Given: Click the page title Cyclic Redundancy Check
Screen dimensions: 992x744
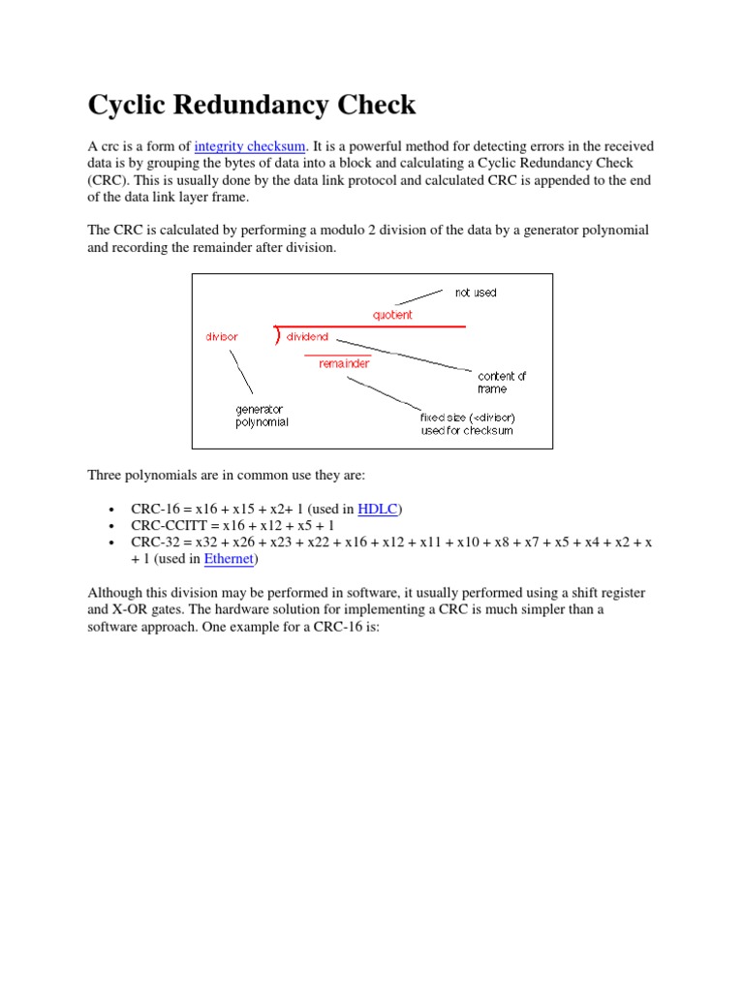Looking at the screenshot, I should (x=252, y=105).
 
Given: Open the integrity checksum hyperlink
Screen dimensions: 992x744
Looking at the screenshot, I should (x=249, y=146).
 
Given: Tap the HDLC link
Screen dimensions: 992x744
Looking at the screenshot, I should (x=378, y=509).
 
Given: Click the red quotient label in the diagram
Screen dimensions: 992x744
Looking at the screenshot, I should (x=392, y=315).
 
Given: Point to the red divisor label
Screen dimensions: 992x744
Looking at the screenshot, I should (x=221, y=337).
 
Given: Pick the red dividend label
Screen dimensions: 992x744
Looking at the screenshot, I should (x=307, y=337).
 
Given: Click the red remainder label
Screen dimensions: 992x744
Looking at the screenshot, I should (x=344, y=364).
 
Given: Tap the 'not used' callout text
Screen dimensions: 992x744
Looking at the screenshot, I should (x=475, y=293).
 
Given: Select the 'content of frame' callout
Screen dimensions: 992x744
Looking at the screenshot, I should (x=501, y=382).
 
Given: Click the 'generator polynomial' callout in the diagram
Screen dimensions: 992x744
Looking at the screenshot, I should (x=262, y=416).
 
